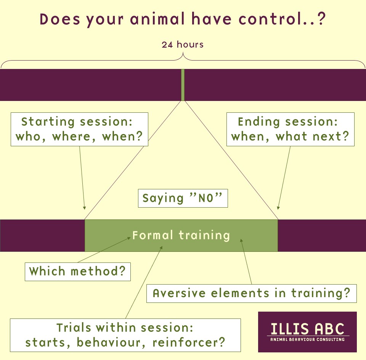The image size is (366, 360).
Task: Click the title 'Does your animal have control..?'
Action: coord(183,19)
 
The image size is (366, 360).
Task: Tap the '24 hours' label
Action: coord(183,45)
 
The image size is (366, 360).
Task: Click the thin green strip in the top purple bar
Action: coord(183,85)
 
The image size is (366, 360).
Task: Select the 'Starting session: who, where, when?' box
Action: coord(79,130)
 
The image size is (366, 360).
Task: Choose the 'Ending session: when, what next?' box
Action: coord(291,130)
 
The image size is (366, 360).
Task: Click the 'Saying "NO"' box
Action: coord(183,198)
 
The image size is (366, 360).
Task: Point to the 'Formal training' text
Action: coord(181,235)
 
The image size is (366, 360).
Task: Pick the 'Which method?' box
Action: coord(78,272)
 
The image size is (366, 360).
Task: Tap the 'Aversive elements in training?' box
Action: coord(251,293)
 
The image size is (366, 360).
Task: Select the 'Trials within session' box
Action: coord(125,335)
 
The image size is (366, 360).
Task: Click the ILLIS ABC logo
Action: coord(307,332)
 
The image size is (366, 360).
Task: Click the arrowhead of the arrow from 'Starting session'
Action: coord(85,208)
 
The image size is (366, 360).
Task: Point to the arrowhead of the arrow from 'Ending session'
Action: coord(278,208)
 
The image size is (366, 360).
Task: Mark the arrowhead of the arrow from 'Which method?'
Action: coord(129,238)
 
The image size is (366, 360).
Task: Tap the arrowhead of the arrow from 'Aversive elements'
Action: coord(241,240)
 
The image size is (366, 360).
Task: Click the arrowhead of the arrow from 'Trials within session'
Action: coord(161,247)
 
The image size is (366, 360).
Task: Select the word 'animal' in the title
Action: coord(157,19)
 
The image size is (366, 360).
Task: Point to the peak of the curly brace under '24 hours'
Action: coord(183,53)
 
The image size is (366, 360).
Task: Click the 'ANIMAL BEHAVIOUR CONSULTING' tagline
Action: coord(307,339)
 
